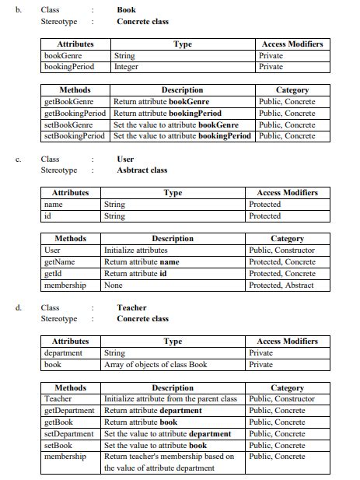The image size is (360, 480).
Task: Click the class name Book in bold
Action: [126, 10]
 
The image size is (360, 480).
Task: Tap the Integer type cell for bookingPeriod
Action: [126, 67]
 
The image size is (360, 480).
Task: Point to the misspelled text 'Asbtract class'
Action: [142, 170]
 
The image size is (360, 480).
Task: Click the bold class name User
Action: [125, 159]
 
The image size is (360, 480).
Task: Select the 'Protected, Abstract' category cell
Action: [281, 285]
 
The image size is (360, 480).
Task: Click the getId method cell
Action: [54, 273]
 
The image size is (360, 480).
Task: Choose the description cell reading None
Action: [114, 285]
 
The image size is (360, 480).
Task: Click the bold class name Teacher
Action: [131, 307]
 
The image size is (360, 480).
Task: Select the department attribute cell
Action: [63, 352]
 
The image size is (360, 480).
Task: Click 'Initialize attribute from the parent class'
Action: [170, 399]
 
